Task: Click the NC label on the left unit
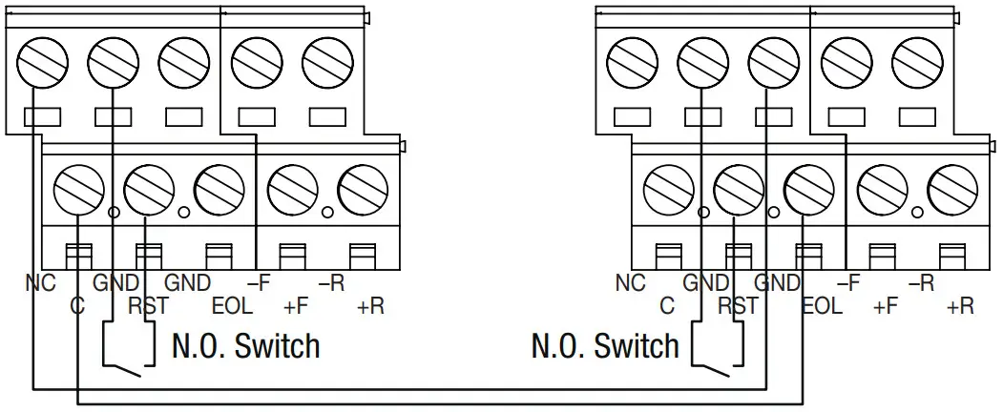[41, 283]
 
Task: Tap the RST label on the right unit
[737, 306]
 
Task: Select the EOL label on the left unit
[231, 306]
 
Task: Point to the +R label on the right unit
[959, 306]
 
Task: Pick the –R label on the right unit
[921, 283]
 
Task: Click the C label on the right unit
[667, 306]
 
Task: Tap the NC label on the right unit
[631, 283]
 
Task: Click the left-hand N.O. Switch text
[245, 345]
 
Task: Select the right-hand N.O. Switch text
[605, 345]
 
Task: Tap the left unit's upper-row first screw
[38, 64]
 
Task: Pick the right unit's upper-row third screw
[772, 64]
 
